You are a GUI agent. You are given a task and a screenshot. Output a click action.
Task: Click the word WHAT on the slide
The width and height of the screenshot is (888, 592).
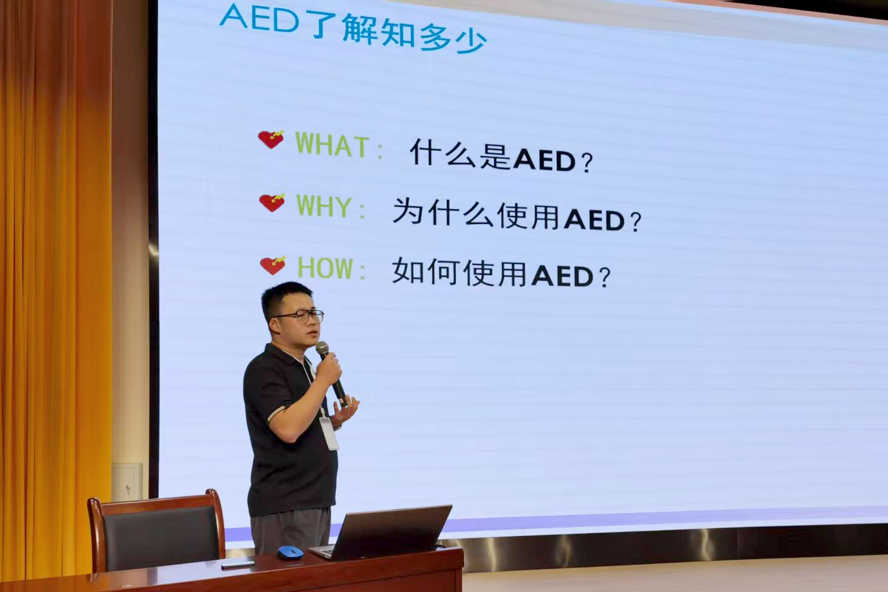[332, 145]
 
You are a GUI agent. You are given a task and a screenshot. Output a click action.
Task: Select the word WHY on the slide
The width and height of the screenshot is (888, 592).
[323, 206]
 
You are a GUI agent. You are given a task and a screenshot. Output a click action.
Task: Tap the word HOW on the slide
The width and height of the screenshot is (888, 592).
[325, 268]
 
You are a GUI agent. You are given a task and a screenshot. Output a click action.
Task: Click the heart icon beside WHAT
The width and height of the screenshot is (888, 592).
[271, 139]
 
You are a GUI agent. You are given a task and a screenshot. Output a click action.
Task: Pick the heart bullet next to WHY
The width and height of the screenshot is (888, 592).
[272, 203]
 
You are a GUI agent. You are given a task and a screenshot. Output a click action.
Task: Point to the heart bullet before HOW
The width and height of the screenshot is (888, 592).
[273, 265]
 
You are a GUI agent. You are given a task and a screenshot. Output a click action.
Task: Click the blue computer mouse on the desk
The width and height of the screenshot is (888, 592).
[290, 552]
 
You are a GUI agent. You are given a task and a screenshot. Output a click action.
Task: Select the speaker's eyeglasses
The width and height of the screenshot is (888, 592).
[301, 316]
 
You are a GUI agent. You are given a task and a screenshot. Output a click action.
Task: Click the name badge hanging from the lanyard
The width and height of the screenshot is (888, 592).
[329, 433]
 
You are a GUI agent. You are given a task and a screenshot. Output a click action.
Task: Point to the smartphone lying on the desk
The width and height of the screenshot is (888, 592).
[238, 564]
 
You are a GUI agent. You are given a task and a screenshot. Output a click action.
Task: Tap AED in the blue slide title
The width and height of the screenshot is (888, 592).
[259, 19]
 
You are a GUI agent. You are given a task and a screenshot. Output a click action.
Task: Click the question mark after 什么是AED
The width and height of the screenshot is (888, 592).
[587, 162]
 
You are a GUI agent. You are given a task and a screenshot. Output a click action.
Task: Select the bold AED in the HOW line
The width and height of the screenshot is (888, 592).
[562, 276]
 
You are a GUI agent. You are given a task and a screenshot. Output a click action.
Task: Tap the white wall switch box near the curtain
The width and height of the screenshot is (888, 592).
[127, 481]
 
